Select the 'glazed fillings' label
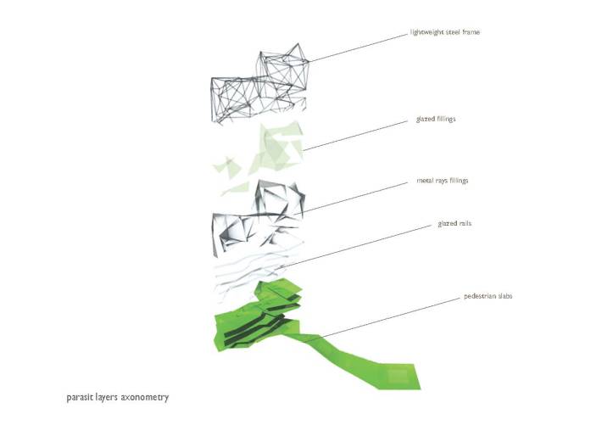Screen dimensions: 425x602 pos(436,120)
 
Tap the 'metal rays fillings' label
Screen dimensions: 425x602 pos(442,181)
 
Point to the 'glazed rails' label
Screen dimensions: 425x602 pos(454,224)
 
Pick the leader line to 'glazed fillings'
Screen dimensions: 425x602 pos(356,136)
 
